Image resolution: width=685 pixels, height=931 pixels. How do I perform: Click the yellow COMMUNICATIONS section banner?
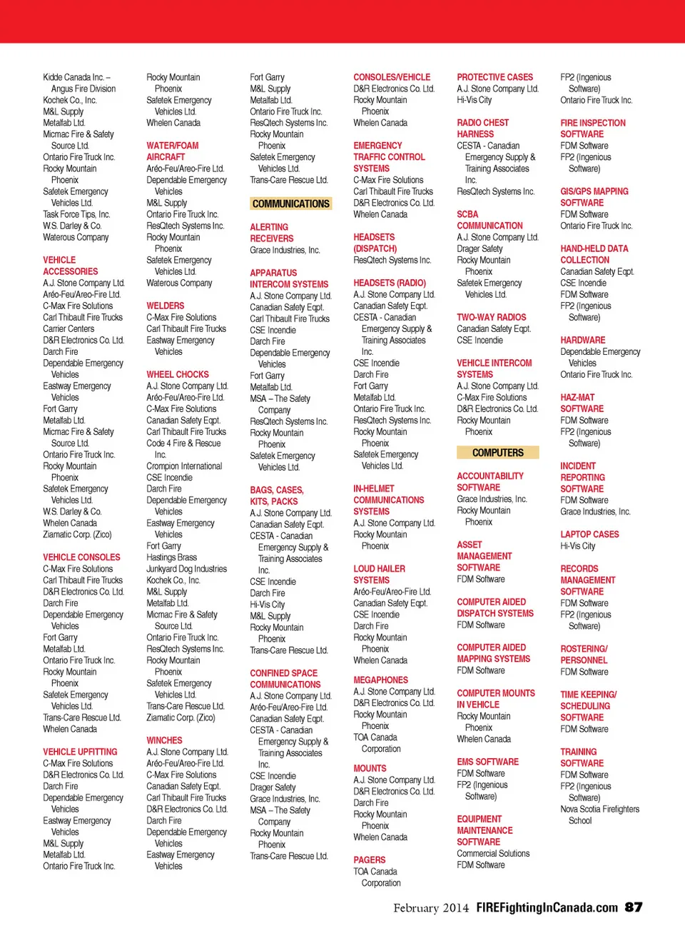(290, 203)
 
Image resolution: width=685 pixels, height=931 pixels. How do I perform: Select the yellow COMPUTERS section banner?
(497, 453)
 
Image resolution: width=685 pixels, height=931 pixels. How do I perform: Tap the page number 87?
(634, 907)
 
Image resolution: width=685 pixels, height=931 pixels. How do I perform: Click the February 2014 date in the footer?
(431, 908)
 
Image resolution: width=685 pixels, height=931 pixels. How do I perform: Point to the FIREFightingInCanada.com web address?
(547, 907)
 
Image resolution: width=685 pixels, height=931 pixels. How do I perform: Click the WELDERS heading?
(165, 306)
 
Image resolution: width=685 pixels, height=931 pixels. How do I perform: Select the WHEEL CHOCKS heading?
(178, 374)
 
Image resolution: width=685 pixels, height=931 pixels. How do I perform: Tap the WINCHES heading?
(164, 740)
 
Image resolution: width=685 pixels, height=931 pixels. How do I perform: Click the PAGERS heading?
(369, 860)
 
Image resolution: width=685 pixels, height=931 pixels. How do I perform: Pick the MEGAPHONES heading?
(380, 680)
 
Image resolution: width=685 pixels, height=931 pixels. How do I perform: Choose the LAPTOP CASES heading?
(589, 534)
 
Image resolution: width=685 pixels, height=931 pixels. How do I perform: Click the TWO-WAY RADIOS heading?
(491, 317)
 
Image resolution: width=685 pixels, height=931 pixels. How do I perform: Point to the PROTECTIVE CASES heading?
(494, 77)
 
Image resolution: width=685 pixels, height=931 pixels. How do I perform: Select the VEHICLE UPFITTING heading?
(80, 752)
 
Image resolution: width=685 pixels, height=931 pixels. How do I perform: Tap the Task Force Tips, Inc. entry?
(76, 214)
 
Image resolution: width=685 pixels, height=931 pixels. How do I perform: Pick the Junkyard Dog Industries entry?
(186, 569)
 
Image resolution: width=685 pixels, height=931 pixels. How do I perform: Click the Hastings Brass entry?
(171, 558)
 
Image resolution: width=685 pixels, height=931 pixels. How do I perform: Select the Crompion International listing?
(184, 466)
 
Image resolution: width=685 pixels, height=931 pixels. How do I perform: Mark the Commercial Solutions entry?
(493, 853)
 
